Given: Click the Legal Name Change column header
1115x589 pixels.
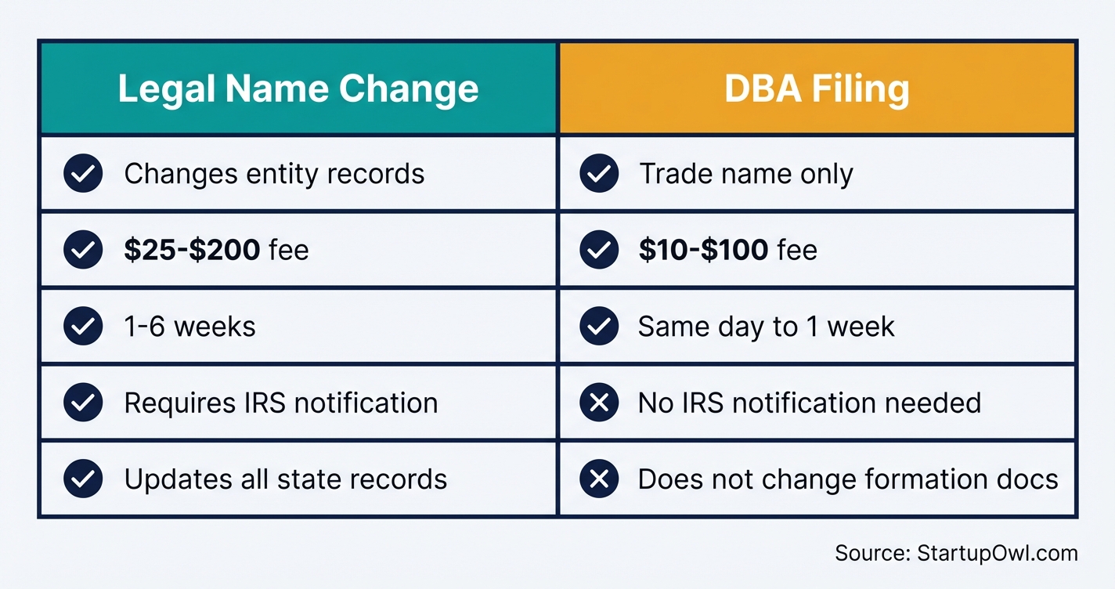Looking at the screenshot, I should point(298,89).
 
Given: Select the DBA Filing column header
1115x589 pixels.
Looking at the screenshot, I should point(817,89).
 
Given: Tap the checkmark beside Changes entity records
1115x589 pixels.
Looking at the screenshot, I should point(83,173).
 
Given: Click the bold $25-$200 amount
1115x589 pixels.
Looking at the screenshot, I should point(192,250).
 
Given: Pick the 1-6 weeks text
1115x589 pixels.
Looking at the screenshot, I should point(189,327).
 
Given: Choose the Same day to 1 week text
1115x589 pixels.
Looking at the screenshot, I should point(766,327).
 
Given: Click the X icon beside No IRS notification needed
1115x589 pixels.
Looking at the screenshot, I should point(599,403).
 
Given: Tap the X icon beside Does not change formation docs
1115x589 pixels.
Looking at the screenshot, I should point(599,479).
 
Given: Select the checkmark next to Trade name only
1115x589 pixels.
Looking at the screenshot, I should point(599,173).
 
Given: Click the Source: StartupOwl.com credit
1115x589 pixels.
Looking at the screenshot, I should point(956,553).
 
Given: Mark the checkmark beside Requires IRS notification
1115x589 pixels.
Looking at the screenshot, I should point(83,403).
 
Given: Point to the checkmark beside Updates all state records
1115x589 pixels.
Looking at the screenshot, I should point(83,479).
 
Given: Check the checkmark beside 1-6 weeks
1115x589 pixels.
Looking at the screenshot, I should point(83,327).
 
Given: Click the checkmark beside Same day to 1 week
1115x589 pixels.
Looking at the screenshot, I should point(599,327).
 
